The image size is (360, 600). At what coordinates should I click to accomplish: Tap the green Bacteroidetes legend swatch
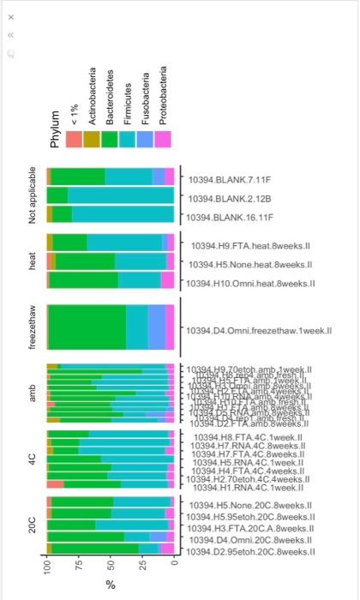point(111,139)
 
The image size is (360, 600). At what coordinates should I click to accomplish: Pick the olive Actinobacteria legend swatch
point(93,139)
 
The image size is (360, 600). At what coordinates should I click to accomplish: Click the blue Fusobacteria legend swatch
point(145,139)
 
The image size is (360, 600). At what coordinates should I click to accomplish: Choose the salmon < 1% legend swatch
point(75,139)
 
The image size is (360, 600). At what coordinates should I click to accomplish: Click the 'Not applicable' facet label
point(33,195)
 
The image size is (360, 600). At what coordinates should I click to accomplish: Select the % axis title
point(111,585)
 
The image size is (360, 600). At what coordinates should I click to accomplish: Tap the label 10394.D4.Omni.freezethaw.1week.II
point(258,330)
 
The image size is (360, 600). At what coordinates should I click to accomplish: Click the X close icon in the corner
point(12,15)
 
